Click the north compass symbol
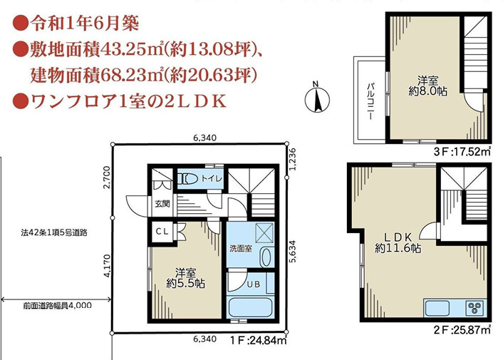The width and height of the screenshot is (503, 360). click(317, 99)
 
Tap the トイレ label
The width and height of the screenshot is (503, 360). click(212, 178)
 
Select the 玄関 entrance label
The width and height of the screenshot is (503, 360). click(162, 203)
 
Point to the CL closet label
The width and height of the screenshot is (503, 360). click(162, 231)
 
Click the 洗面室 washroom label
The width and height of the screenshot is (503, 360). click(241, 248)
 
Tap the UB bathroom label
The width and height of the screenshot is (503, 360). click(254, 284)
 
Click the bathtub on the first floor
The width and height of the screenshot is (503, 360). click(249, 308)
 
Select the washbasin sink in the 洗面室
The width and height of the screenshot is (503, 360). click(266, 257)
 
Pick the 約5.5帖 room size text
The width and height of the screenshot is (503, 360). click(185, 284)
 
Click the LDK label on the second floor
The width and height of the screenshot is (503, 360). click(398, 237)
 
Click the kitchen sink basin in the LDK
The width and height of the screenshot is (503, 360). click(437, 308)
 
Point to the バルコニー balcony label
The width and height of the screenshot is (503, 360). click(371, 101)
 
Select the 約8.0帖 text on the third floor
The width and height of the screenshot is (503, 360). click(428, 91)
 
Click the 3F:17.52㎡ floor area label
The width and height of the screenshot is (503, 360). click(462, 151)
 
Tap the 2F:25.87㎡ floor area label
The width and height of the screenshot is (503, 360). click(462, 329)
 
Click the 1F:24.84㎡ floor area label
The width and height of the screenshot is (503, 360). click(258, 340)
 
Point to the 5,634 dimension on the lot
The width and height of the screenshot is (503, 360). click(294, 252)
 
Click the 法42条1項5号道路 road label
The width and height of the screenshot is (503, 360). click(54, 232)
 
